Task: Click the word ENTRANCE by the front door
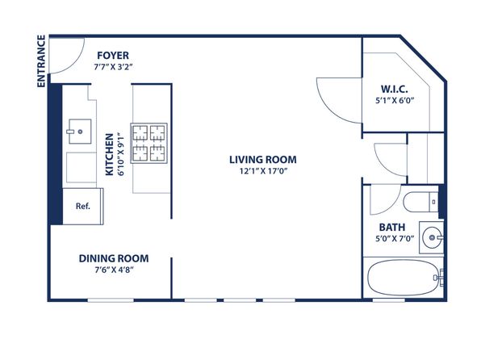click(41, 61)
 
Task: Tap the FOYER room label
click(113, 56)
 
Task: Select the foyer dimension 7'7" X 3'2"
click(113, 67)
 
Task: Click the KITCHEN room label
click(109, 154)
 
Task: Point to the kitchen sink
click(80, 132)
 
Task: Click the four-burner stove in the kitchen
click(148, 143)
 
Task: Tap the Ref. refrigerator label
click(83, 206)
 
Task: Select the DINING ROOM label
click(114, 258)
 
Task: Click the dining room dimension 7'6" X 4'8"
click(114, 270)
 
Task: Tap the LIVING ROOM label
click(263, 160)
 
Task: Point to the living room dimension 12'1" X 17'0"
click(263, 171)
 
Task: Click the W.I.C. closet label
click(395, 89)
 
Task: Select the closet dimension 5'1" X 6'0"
click(395, 100)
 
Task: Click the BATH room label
click(392, 228)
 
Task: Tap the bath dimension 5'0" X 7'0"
click(395, 238)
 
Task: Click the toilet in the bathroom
click(421, 202)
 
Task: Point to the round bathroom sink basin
click(432, 237)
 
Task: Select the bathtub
click(404, 278)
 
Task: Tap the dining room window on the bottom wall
click(111, 299)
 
